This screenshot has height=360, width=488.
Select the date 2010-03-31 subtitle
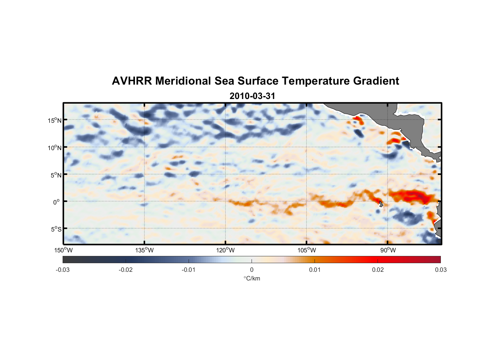tap(252, 96)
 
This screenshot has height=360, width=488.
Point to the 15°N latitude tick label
tap(54, 120)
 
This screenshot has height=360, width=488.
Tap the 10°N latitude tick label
tap(54, 148)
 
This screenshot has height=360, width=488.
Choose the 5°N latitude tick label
tap(56, 175)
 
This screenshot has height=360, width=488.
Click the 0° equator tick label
tap(57, 202)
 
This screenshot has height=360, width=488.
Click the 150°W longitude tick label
tap(63, 250)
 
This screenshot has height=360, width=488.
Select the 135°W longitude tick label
tap(144, 250)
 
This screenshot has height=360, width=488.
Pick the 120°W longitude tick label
tap(225, 250)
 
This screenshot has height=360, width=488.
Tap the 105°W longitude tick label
tap(307, 250)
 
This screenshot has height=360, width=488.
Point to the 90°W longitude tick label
tap(388, 250)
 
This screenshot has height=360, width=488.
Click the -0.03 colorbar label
tap(63, 270)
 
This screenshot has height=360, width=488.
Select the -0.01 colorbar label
tap(189, 270)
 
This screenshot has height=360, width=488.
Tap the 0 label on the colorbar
tap(252, 270)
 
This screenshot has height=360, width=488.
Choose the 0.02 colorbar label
tap(378, 270)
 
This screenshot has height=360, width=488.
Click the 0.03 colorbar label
tap(440, 270)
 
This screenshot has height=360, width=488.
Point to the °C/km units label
tap(252, 278)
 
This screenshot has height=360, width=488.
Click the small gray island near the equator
tap(381, 204)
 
